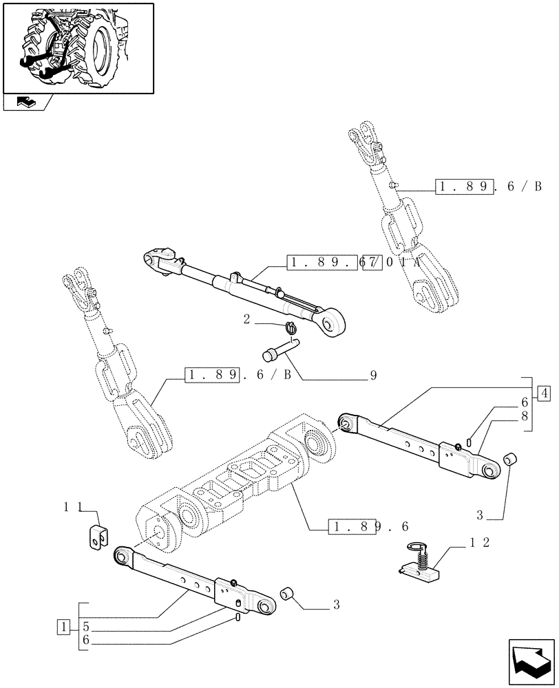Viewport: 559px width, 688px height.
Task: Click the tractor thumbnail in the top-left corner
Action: [78, 47]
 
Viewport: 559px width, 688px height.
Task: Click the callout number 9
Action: [374, 376]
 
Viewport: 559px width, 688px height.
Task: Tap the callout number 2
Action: [246, 319]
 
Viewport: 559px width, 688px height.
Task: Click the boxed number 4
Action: [544, 394]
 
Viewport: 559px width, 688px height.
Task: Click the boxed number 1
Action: [63, 627]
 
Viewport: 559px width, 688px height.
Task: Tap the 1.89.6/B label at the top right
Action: [488, 186]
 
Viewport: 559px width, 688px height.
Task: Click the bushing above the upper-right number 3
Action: [512, 458]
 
